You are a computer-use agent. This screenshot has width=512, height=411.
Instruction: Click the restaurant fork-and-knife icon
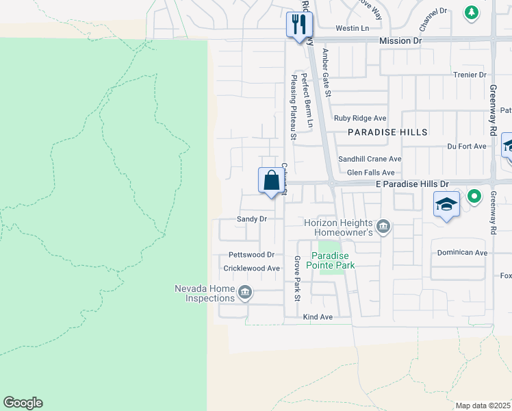[299, 25]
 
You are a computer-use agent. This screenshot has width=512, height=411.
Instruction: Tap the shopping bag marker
[272, 181]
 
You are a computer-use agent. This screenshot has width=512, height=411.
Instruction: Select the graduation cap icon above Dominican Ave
[446, 204]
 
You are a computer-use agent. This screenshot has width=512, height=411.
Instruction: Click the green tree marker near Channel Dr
[471, 12]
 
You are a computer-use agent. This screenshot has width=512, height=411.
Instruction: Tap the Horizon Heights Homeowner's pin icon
[383, 225]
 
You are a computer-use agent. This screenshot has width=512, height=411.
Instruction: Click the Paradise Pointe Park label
[331, 260]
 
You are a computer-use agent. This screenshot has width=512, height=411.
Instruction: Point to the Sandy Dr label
[251, 219]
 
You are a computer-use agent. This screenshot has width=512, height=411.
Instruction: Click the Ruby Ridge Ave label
[359, 118]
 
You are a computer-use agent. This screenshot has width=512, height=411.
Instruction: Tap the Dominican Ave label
[462, 253]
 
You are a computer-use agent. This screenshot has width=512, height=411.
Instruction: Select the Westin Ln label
[352, 28]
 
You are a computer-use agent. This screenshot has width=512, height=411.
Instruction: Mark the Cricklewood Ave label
[254, 269]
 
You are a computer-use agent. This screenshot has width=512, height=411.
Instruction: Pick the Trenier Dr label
[469, 75]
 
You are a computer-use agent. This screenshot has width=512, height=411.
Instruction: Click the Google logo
[23, 403]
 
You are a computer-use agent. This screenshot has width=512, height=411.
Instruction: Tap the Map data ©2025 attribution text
[483, 406]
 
